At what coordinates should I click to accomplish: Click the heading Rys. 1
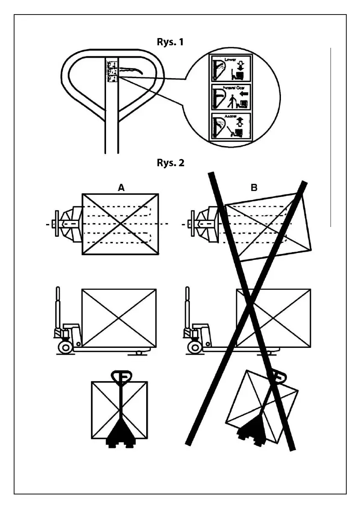click(170, 42)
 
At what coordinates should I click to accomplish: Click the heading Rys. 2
click(170, 163)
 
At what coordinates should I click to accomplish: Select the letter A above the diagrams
click(121, 187)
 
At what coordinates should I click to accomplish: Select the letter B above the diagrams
click(254, 187)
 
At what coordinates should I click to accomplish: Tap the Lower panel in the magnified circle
click(231, 68)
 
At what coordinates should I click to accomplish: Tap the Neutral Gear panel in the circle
click(231, 97)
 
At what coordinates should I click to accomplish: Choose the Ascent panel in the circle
click(231, 126)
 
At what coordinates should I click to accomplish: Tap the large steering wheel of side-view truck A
click(65, 347)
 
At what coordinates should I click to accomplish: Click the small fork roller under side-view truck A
click(139, 353)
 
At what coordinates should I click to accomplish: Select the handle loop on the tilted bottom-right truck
click(278, 377)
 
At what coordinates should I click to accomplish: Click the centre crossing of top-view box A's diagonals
click(121, 224)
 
